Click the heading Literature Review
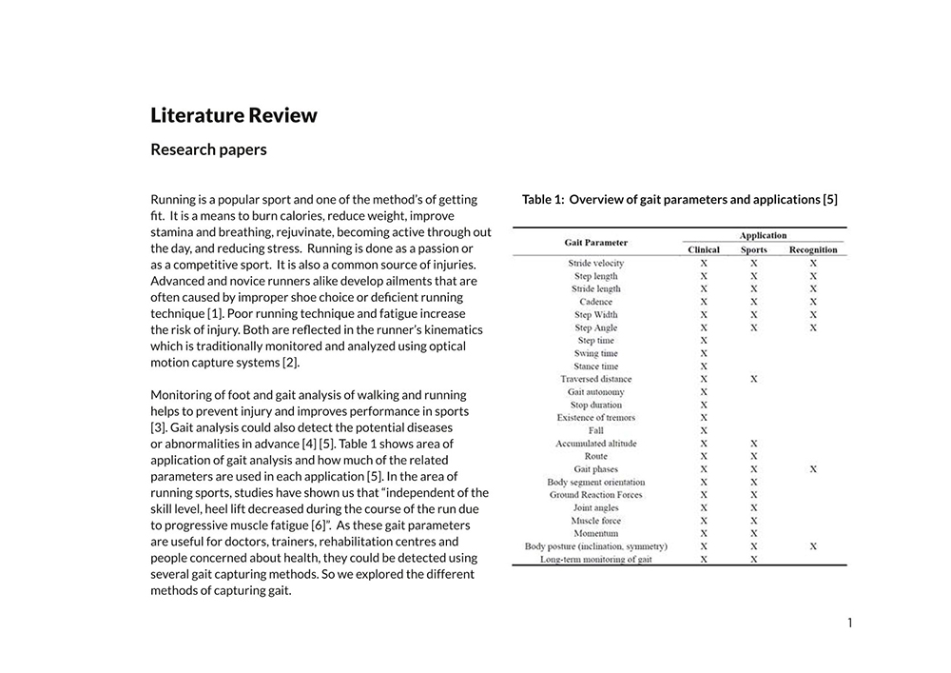pos(234,116)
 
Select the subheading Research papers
pos(208,149)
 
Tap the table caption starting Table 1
pos(679,200)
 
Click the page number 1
pos(849,624)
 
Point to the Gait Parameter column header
pos(596,243)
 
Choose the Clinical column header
pos(704,250)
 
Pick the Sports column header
pos(753,250)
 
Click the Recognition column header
pos(813,250)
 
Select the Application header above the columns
pos(764,235)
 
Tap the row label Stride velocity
pos(596,264)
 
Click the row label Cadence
pos(596,302)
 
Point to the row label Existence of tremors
pos(596,418)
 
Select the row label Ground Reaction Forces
pos(596,495)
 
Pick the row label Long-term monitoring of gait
pos(596,560)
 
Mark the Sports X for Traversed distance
pos(753,379)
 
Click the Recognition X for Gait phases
pos(813,469)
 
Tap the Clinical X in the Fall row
pos(704,430)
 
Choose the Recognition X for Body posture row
pos(813,546)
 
